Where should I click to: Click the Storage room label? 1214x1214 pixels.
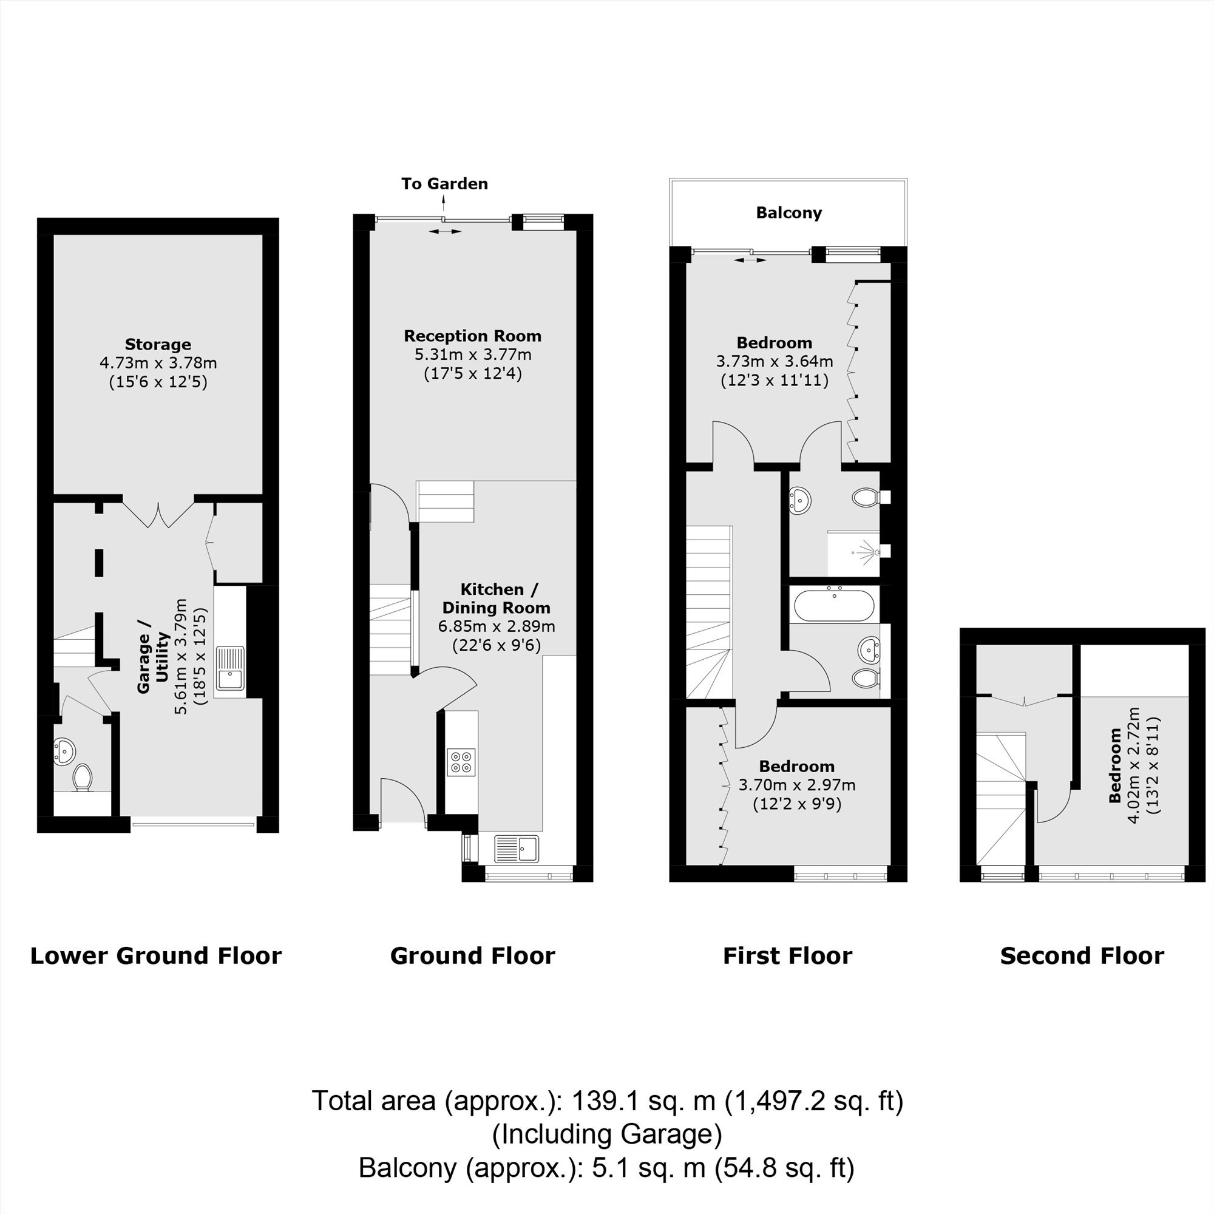(x=158, y=344)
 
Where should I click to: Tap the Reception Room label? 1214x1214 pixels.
(x=472, y=336)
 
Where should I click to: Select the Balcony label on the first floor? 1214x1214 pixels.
(x=788, y=212)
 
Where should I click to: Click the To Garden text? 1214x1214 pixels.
(x=444, y=183)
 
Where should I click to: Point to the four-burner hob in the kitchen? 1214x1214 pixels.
(x=461, y=762)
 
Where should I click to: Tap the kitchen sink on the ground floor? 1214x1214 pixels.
(x=517, y=849)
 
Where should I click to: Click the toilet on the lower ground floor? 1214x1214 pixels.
(x=83, y=778)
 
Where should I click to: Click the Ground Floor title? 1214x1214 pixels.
(x=472, y=956)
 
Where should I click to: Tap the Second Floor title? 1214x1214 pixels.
(x=1082, y=956)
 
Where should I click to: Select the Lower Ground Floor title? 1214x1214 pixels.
(x=156, y=956)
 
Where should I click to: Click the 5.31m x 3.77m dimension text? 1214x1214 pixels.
(x=472, y=354)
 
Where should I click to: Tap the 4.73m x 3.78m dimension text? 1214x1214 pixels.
(x=158, y=362)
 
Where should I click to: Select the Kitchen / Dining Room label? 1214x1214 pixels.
(x=497, y=599)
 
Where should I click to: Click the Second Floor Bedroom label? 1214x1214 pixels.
(x=1115, y=765)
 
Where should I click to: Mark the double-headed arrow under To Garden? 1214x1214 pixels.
(x=444, y=232)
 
